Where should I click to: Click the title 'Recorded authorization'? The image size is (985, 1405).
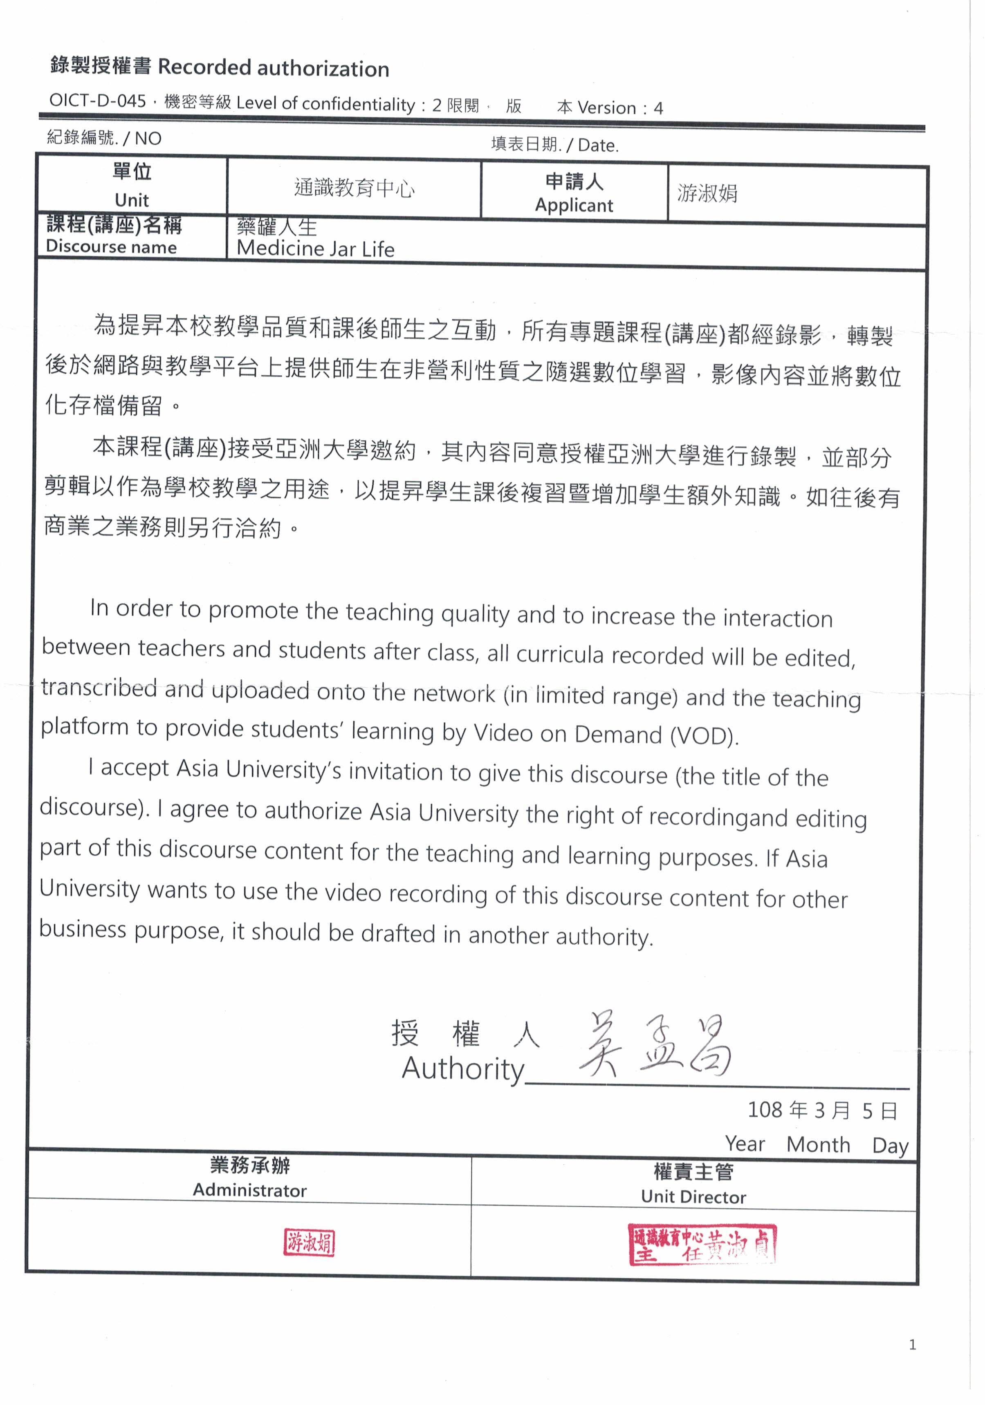273,68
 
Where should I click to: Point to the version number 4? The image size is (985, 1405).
658,108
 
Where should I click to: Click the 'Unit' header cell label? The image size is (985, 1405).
132,200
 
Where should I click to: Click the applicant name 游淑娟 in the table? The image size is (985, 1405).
707,193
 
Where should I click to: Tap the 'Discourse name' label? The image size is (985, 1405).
111,246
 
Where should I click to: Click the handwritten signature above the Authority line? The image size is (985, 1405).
655,1046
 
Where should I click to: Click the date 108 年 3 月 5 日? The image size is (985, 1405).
822,1110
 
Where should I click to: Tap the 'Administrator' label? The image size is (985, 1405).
250,1190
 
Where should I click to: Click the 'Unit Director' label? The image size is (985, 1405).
693,1197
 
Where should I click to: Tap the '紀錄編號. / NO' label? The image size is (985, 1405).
104,138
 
